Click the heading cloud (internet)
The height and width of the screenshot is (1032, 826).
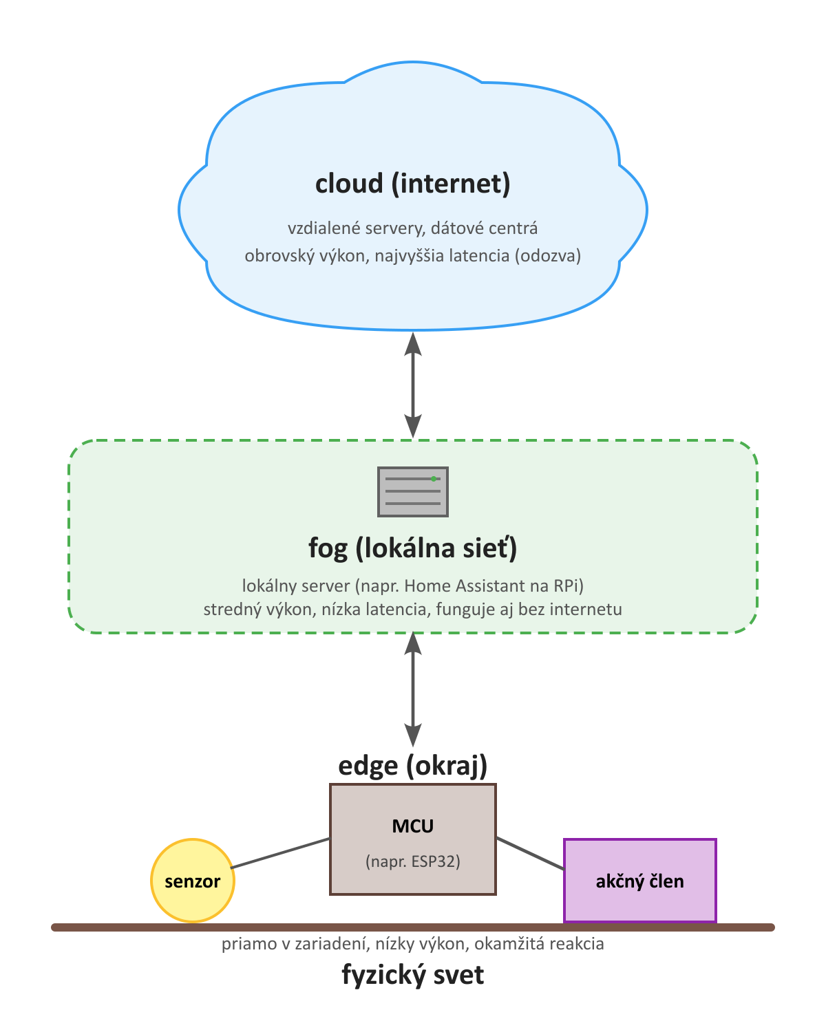[x=413, y=184]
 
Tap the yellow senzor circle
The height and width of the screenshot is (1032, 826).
[x=193, y=881]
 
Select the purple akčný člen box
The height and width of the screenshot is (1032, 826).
[x=640, y=881]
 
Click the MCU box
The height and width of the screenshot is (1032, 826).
[x=413, y=839]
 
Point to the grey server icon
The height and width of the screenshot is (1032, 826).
[x=413, y=492]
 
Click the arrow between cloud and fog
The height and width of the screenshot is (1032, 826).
[x=413, y=385]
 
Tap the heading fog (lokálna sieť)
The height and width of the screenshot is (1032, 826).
[x=413, y=548]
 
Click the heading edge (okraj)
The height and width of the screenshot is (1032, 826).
[x=413, y=765]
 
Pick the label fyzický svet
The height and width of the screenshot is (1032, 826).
[x=413, y=975]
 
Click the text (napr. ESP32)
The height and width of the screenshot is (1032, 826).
[x=413, y=861]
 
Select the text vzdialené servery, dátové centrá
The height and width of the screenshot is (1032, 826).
[x=413, y=228]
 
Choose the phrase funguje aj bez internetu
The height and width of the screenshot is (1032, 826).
[x=529, y=610]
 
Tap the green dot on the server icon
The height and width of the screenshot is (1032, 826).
[x=434, y=478]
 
